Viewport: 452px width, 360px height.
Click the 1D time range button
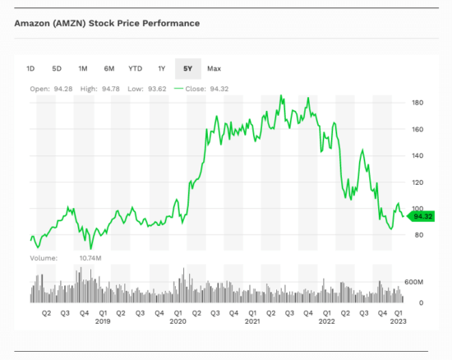coord(30,68)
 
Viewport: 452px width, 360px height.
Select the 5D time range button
coord(57,68)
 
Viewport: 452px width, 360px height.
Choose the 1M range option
coord(83,68)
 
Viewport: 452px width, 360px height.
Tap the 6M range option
coord(109,68)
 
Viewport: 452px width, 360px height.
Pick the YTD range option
coord(136,68)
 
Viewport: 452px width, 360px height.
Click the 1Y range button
coord(162,68)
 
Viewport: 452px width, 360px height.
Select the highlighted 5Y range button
coord(187,68)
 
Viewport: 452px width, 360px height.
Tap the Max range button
coord(214,68)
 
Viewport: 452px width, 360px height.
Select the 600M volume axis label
coord(413,282)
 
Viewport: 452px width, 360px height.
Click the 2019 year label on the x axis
coord(103,321)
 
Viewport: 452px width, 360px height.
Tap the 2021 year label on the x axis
coord(252,321)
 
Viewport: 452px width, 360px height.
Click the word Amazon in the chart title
coord(34,22)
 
